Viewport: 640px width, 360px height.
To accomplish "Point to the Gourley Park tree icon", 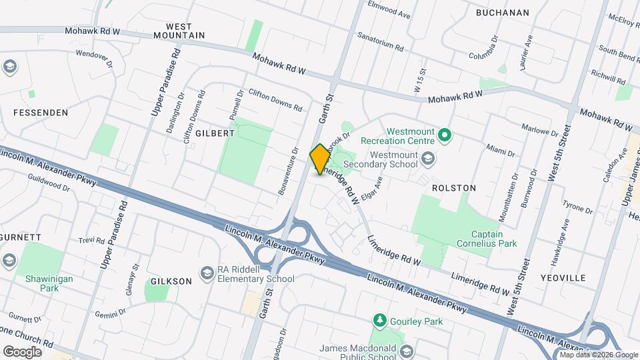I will pyautogui.click(x=380, y=321).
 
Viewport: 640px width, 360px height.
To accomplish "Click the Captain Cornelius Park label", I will pyautogui.click(x=494, y=239).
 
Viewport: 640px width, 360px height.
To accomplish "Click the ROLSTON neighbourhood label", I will pyautogui.click(x=454, y=188).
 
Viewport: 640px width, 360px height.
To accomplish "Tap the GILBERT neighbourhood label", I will pyautogui.click(x=215, y=133).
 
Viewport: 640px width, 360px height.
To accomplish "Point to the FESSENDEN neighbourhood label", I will pyautogui.click(x=41, y=113).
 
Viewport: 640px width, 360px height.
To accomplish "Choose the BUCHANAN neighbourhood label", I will pyautogui.click(x=503, y=13).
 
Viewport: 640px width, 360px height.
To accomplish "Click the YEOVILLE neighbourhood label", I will pyautogui.click(x=563, y=277).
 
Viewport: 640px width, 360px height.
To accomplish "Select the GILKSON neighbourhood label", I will pyautogui.click(x=171, y=281).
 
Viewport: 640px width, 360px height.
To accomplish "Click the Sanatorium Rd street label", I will pyautogui.click(x=381, y=42).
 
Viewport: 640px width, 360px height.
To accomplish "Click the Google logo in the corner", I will pyautogui.click(x=22, y=351).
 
